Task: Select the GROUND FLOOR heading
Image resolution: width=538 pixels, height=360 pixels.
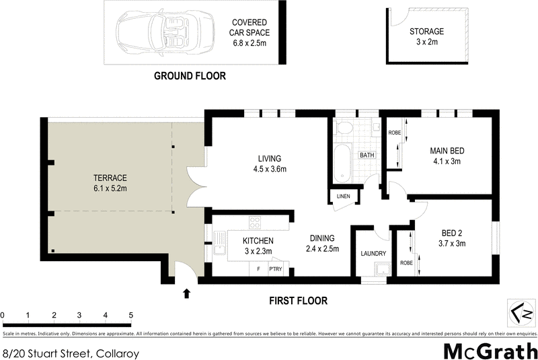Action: [190, 76]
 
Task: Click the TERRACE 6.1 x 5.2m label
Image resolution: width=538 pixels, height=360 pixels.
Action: [110, 183]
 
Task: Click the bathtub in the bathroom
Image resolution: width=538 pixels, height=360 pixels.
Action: [343, 163]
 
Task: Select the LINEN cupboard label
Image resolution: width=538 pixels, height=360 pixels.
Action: [342, 196]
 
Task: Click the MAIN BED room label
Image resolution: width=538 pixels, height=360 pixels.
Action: [447, 156]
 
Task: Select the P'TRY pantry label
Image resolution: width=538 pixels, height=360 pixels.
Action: [276, 268]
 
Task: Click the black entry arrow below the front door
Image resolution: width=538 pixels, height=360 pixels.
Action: [186, 293]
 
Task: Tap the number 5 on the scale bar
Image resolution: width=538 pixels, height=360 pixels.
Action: [130, 315]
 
